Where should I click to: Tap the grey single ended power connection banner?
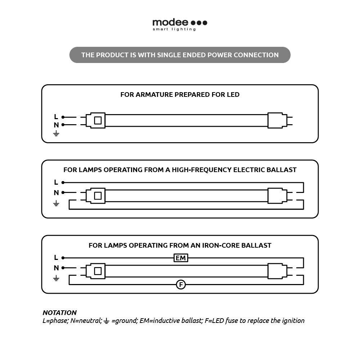click(x=180, y=55)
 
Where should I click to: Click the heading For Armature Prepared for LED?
click(x=180, y=95)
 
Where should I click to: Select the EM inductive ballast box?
click(x=181, y=258)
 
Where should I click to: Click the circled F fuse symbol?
click(x=181, y=285)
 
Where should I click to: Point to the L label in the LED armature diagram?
click(x=56, y=117)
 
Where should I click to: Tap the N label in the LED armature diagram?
click(x=56, y=125)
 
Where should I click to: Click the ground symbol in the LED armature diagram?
click(x=56, y=134)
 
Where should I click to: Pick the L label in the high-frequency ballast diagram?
click(x=56, y=182)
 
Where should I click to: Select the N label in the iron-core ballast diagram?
click(x=56, y=268)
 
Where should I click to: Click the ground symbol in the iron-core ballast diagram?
click(x=56, y=278)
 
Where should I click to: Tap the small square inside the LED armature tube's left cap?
click(x=98, y=121)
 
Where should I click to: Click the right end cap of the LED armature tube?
click(x=277, y=121)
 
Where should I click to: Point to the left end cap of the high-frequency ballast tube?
click(x=98, y=196)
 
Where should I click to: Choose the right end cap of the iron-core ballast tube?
click(x=277, y=271)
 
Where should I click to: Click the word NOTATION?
click(x=59, y=312)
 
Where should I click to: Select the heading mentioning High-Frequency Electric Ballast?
click(x=180, y=170)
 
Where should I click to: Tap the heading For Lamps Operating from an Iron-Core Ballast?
click(x=180, y=246)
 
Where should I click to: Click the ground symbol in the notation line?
click(x=106, y=321)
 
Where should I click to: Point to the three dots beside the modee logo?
click(x=199, y=23)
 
